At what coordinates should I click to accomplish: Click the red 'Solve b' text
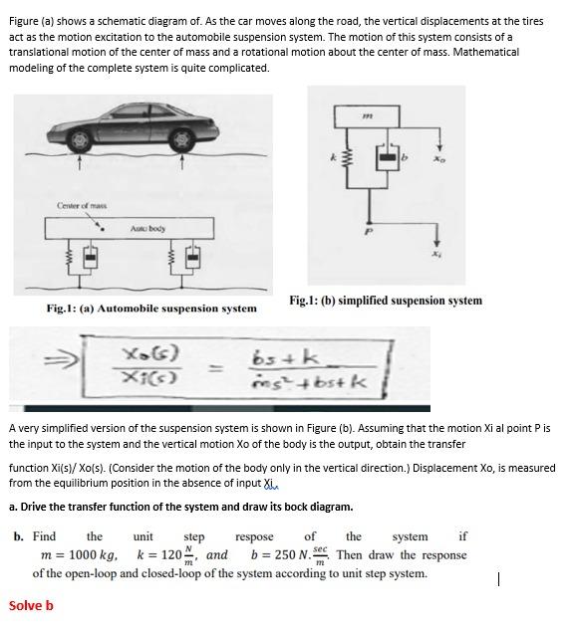pos(31,605)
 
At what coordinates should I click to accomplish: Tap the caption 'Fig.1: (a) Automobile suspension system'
pos(150,309)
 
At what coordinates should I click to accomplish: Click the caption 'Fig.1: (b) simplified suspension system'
pos(385,300)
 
